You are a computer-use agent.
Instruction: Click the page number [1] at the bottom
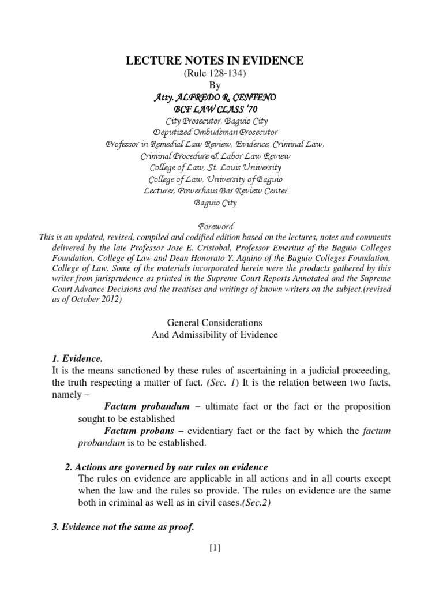215,548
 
